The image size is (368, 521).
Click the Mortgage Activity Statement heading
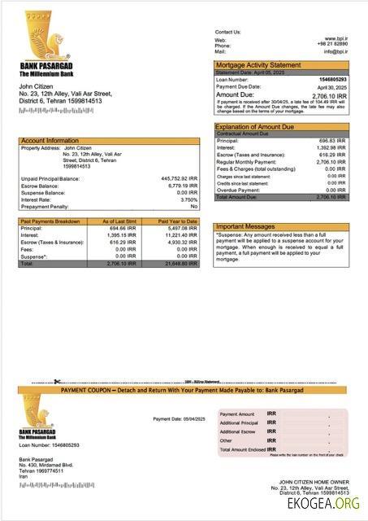click(257, 64)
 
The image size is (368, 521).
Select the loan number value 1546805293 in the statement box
click(331, 79)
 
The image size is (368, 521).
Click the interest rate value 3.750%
click(188, 199)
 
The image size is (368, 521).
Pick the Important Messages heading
click(245, 226)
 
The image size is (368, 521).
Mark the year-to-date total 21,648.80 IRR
click(180, 264)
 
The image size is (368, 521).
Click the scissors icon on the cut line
click(58, 381)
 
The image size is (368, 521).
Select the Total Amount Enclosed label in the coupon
click(243, 449)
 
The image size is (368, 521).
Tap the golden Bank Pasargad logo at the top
click(37, 33)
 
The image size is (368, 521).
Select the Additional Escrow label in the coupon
click(237, 431)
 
